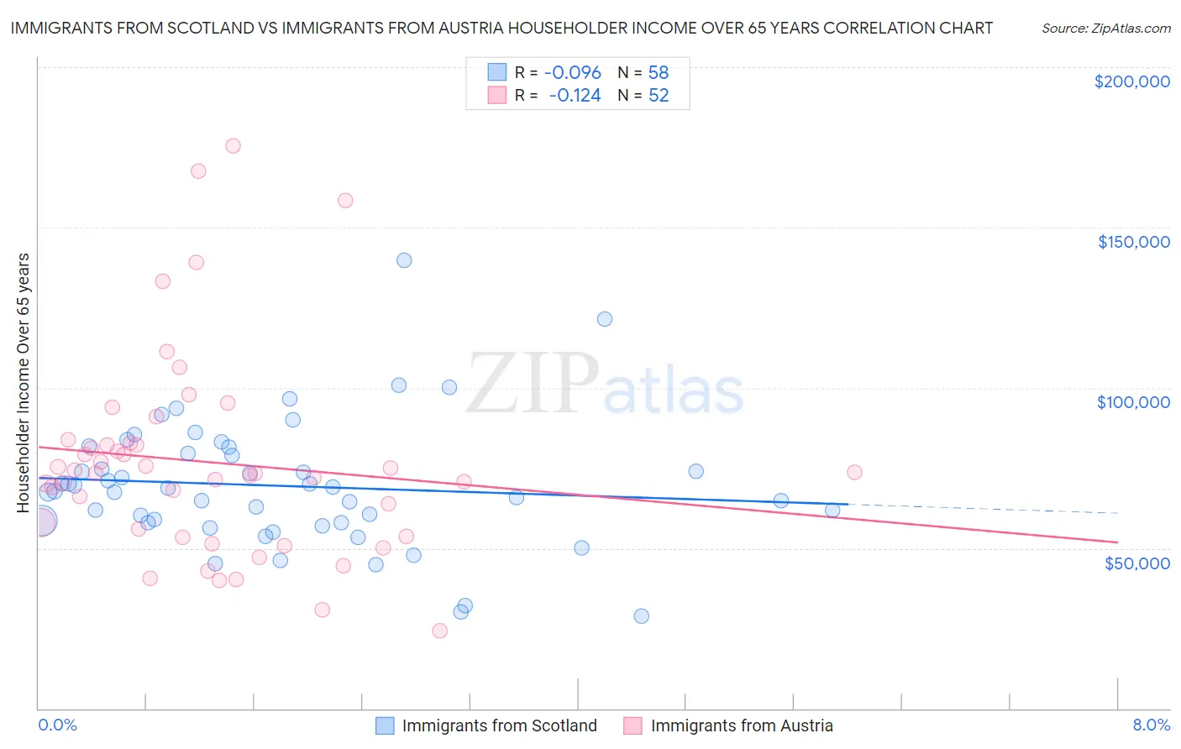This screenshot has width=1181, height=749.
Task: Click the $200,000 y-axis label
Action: (x=1131, y=81)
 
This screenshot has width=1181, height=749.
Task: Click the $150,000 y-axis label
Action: (x=1133, y=242)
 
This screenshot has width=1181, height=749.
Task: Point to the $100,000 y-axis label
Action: (x=1133, y=402)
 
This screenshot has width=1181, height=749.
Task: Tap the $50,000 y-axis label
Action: (x=1136, y=563)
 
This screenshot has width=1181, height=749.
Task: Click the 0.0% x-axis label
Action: (x=57, y=725)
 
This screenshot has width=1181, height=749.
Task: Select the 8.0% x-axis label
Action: (x=1151, y=725)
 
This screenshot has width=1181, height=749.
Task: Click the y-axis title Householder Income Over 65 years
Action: (x=24, y=383)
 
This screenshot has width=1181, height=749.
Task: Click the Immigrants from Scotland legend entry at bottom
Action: (x=499, y=725)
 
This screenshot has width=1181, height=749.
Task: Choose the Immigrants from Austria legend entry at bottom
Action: (x=741, y=725)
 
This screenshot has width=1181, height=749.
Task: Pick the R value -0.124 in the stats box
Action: (x=575, y=96)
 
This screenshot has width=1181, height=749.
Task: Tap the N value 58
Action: (x=659, y=73)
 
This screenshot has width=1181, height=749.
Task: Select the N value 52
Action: (x=659, y=96)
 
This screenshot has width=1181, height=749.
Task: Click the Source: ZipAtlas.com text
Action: (x=1105, y=28)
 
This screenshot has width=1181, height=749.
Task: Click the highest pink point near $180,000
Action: (x=233, y=146)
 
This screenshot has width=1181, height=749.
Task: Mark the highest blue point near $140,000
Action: (x=404, y=260)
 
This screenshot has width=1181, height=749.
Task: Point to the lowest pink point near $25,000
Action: (x=439, y=631)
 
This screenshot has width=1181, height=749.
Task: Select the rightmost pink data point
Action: (x=854, y=472)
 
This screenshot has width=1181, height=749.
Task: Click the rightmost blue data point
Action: (x=832, y=510)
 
